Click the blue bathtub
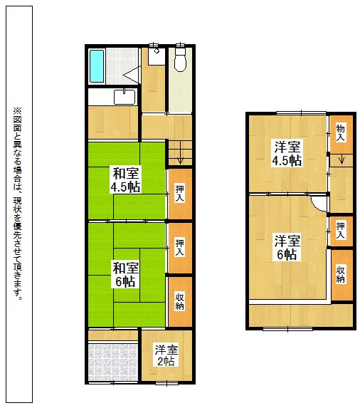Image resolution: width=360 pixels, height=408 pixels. pyautogui.click(x=97, y=66)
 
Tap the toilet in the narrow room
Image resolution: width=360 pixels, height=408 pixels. pyautogui.click(x=180, y=58)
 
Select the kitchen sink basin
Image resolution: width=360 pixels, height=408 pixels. pyautogui.click(x=125, y=97)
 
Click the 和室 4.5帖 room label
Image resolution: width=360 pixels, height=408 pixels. pyautogui.click(x=126, y=180)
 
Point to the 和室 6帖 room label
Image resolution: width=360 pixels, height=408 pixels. pyautogui.click(x=126, y=275)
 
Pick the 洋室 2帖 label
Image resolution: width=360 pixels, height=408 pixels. pyautogui.click(x=166, y=355)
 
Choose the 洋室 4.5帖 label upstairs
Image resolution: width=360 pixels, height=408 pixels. pyautogui.click(x=287, y=154)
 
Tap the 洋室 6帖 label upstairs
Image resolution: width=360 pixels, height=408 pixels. pyautogui.click(x=287, y=248)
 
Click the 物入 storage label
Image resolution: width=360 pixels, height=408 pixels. pyautogui.click(x=341, y=132)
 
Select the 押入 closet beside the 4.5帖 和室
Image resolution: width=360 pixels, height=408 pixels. pyautogui.click(x=180, y=194)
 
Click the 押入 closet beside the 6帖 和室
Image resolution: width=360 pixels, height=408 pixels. pyautogui.click(x=180, y=248)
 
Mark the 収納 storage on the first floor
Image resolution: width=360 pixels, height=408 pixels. pyautogui.click(x=180, y=302)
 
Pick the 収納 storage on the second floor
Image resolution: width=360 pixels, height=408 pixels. pyautogui.click(x=341, y=274)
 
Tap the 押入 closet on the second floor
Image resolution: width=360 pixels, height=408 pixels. pyautogui.click(x=341, y=230)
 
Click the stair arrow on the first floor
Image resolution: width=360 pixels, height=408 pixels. pyautogui.click(x=180, y=158)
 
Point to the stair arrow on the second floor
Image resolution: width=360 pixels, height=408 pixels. pyautogui.click(x=342, y=160)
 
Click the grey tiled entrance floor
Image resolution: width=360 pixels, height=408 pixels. pyautogui.click(x=113, y=362)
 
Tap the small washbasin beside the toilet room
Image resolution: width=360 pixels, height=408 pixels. pyautogui.click(x=157, y=56)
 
